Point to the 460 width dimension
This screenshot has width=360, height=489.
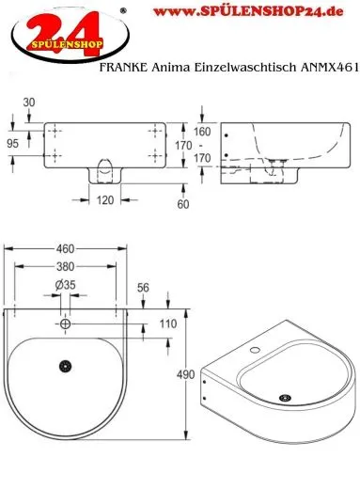tap(65, 250)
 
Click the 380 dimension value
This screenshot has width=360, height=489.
tap(65, 265)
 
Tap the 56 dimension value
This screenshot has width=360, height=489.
tap(143, 289)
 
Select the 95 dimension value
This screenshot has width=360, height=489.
tap(14, 145)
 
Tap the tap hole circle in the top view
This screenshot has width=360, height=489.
tap(65, 324)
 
